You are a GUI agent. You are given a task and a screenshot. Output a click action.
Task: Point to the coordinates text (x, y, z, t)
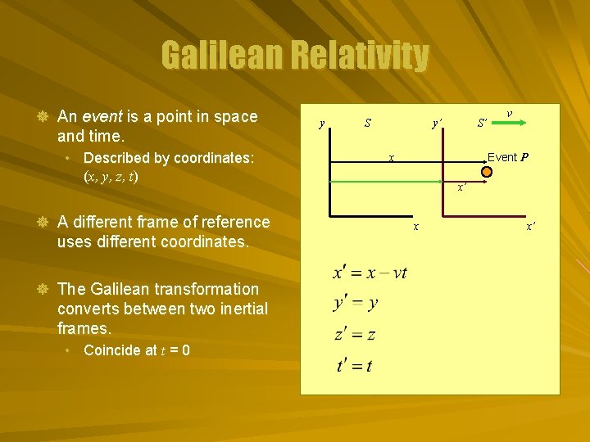click(111, 176)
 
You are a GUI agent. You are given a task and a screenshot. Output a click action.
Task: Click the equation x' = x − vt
click(370, 273)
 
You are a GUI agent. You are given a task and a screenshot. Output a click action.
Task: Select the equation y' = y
click(356, 304)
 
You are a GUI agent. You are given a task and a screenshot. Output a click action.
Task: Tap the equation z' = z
click(355, 334)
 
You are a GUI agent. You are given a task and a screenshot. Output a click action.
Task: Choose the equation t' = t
click(354, 365)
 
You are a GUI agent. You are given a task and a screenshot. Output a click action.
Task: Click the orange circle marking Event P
click(486, 173)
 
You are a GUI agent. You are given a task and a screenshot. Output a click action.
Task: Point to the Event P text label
click(508, 157)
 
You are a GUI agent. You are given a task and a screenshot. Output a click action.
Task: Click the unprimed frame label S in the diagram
click(368, 124)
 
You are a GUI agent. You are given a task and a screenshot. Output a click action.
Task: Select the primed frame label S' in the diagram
click(483, 124)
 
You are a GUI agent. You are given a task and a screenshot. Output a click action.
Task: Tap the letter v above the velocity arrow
click(510, 113)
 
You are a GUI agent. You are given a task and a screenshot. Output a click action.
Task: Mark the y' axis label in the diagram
click(438, 124)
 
